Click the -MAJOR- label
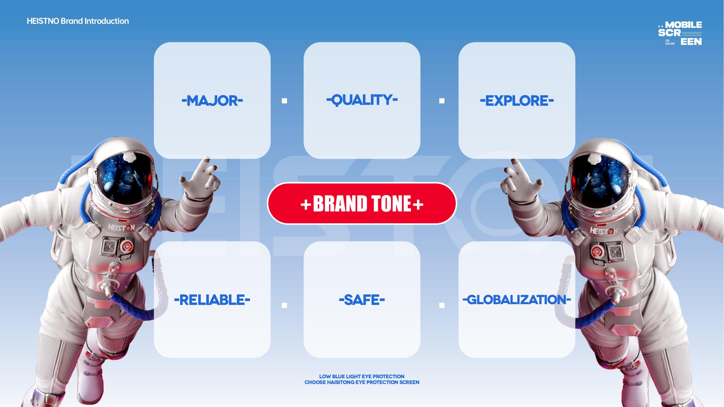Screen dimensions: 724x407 (212, 101)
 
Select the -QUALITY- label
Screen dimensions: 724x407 (362, 100)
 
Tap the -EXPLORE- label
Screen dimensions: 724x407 (517, 101)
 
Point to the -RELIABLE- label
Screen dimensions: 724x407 (212, 300)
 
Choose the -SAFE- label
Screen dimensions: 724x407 (362, 300)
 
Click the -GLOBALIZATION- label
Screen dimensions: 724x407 (517, 300)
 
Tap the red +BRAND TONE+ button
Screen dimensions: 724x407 (362, 203)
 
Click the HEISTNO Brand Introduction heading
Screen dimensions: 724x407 (78, 21)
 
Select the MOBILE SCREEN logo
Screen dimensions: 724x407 (680, 33)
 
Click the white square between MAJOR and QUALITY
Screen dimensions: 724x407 (284, 101)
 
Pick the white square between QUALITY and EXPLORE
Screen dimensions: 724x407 (442, 101)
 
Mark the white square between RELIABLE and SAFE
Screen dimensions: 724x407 (284, 305)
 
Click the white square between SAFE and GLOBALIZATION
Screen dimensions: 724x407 (442, 305)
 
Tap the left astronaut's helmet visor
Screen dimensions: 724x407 (125, 178)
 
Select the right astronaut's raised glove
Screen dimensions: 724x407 (521, 181)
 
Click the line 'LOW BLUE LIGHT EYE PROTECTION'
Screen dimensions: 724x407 (362, 376)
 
